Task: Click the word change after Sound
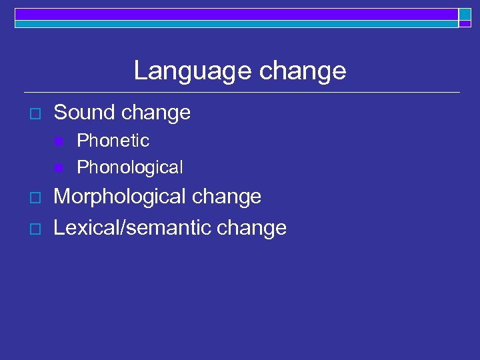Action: (157, 113)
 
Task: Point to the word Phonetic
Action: (113, 141)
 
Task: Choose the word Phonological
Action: (129, 167)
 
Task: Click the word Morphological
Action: (121, 197)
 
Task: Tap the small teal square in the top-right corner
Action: (465, 14)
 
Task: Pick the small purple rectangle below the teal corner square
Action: (465, 24)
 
